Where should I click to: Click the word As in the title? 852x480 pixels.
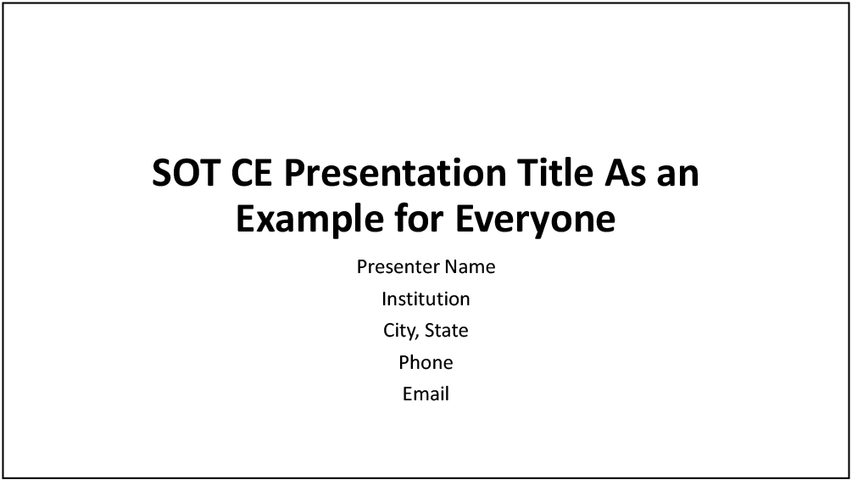click(626, 174)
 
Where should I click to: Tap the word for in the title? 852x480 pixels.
click(420, 220)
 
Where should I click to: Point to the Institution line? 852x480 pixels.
click(426, 299)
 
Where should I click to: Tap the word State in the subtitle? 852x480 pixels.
click(447, 331)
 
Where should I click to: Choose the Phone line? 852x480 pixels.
click(426, 363)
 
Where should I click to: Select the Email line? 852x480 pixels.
click(426, 394)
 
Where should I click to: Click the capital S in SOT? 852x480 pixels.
click(163, 174)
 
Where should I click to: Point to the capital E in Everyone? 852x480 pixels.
click(464, 220)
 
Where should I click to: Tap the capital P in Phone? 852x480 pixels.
click(404, 363)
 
